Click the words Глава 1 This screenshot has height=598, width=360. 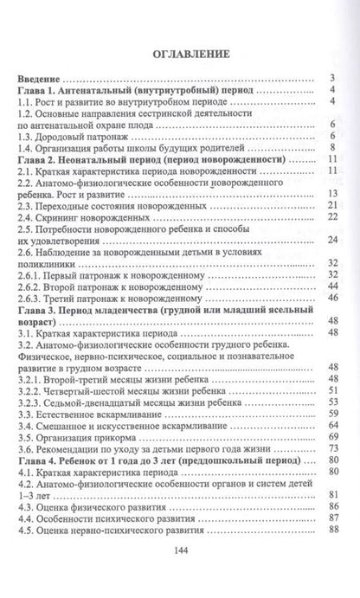43,90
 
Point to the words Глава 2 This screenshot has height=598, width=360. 43,161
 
